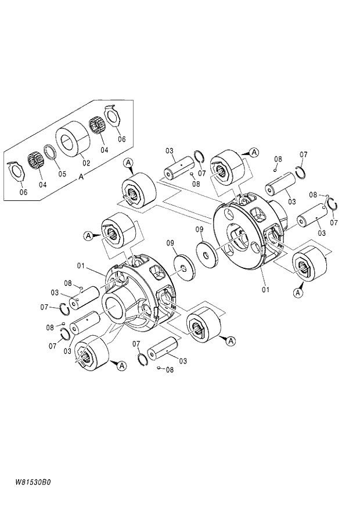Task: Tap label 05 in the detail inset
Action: coord(62,172)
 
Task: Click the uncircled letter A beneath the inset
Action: coord(81,179)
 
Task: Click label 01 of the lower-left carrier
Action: coord(81,266)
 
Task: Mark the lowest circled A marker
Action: coord(121,365)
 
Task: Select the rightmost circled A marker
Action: coord(298,293)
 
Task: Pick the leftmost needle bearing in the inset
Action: coord(37,159)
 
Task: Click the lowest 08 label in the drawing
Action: coord(170,369)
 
